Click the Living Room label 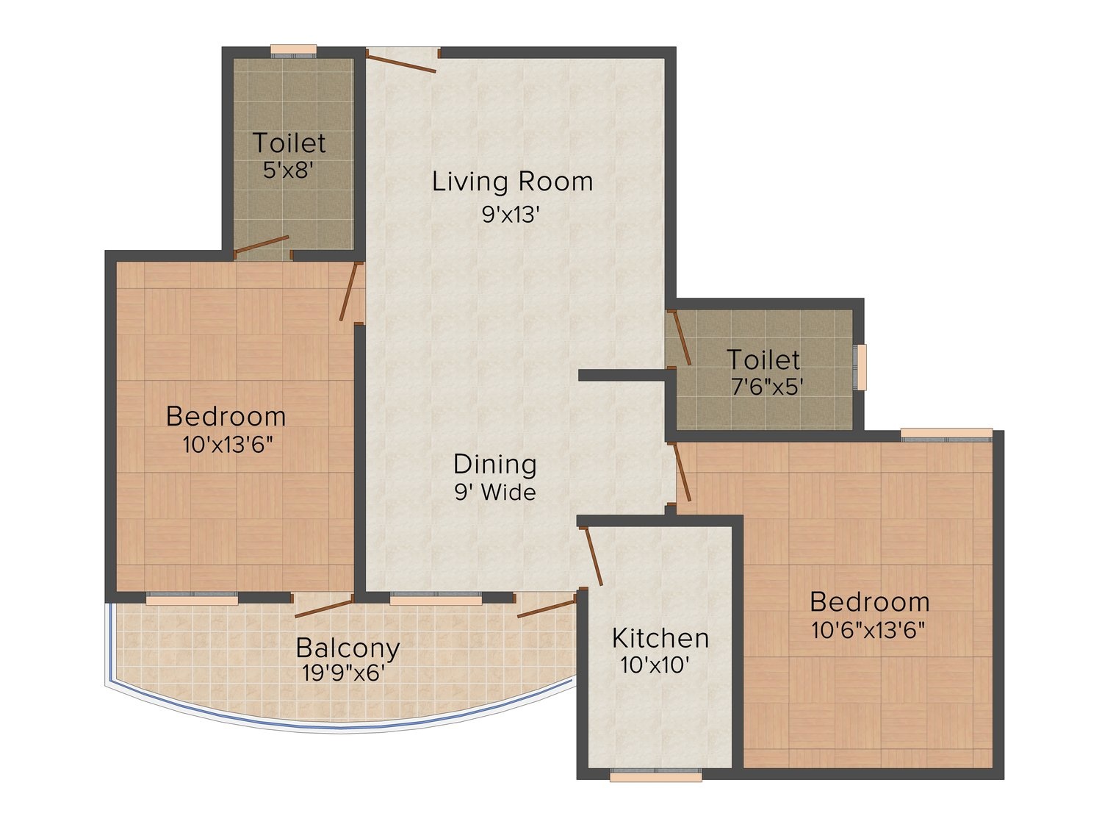click(512, 182)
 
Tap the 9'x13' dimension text click(511, 215)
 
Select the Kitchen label click(660, 639)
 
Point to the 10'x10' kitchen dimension click(655, 665)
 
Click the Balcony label click(347, 649)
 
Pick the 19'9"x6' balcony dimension click(343, 673)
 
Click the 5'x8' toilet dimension click(289, 171)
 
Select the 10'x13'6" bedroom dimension click(228, 445)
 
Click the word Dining click(495, 465)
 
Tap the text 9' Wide click(495, 493)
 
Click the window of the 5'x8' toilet click(294, 51)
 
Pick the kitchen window click(655, 776)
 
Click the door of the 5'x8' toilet click(261, 245)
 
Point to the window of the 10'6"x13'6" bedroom click(946, 435)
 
